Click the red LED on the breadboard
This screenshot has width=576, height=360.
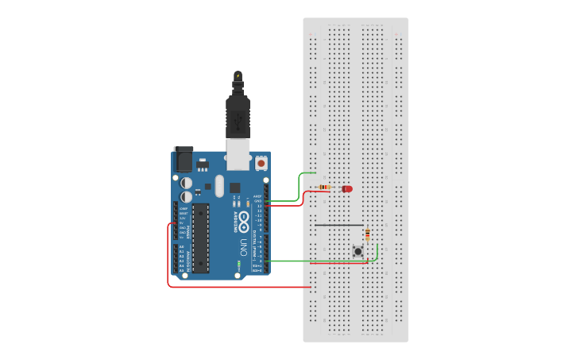[x=347, y=188]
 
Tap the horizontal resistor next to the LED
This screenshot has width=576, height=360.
[x=324, y=188]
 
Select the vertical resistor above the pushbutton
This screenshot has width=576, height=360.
[x=367, y=234]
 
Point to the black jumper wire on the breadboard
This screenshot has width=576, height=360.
[x=338, y=225]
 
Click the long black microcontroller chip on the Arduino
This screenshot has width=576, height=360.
[x=200, y=238]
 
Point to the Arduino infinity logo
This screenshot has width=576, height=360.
[x=245, y=219]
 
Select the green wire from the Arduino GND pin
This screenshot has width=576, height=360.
[x=299, y=187]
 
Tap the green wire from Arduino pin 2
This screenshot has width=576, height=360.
[x=318, y=260]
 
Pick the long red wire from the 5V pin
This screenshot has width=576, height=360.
[x=168, y=262]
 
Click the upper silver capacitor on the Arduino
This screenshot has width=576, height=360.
[x=186, y=182]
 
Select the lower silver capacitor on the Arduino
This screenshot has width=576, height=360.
[x=186, y=195]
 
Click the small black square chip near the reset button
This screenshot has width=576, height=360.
[x=234, y=188]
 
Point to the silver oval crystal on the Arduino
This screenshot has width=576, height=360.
[x=219, y=186]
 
